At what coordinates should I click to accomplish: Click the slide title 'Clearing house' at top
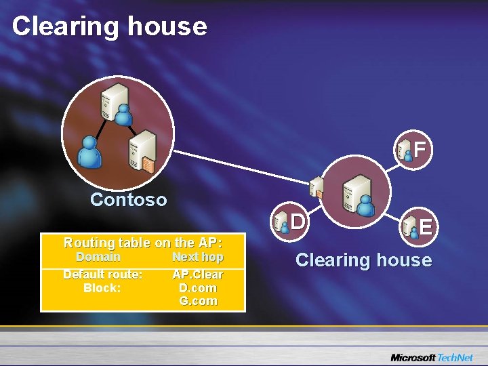click(x=109, y=26)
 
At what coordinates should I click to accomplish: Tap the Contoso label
click(x=128, y=199)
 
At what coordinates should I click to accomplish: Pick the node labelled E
click(x=417, y=226)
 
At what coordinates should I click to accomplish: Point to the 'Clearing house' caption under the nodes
click(x=363, y=260)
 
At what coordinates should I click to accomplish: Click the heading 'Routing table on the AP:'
click(x=142, y=243)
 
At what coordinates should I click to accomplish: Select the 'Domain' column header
click(x=98, y=257)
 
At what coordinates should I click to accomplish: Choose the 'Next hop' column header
click(x=197, y=257)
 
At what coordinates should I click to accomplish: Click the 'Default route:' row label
click(x=102, y=274)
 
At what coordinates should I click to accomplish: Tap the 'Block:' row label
click(x=102, y=287)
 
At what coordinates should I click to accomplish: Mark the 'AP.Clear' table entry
click(x=198, y=274)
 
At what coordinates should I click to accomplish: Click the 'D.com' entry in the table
click(x=198, y=287)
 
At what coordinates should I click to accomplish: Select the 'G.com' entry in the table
click(x=198, y=300)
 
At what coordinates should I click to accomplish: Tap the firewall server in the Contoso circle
click(x=144, y=151)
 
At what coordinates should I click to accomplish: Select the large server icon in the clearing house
click(x=356, y=190)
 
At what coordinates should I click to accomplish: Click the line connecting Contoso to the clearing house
click(x=237, y=166)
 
